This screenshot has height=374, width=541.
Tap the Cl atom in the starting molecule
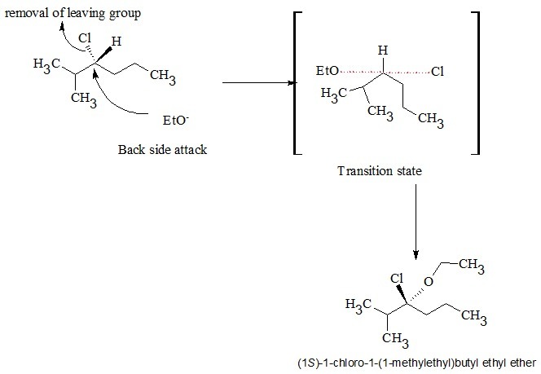(x=86, y=37)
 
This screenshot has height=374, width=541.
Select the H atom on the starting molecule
(x=117, y=42)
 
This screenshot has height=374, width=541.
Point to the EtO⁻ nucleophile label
(x=176, y=121)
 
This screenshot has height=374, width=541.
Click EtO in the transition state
(x=327, y=72)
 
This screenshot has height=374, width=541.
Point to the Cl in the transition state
(x=438, y=72)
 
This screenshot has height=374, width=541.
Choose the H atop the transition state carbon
(x=381, y=51)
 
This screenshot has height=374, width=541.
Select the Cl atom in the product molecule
(x=397, y=279)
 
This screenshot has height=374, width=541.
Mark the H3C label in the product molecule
(x=360, y=305)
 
